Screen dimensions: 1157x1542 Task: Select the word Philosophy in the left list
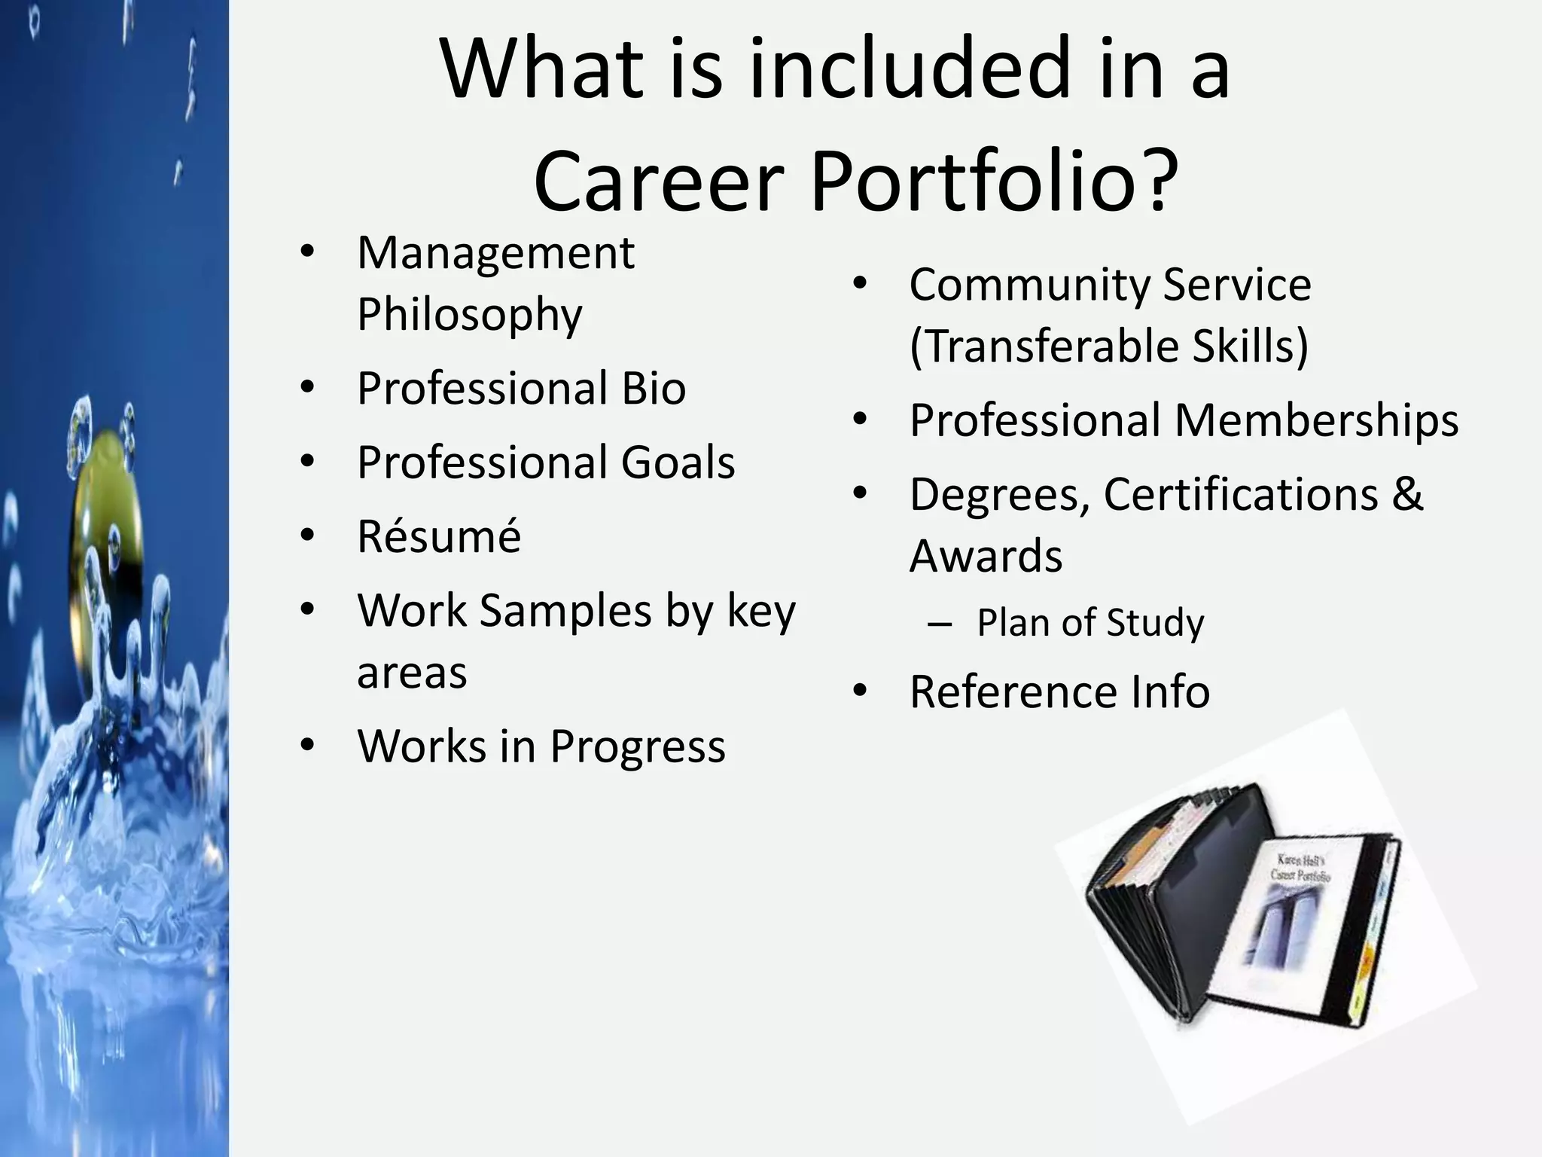pyautogui.click(x=470, y=315)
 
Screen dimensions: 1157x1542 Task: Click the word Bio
pyautogui.click(x=653, y=389)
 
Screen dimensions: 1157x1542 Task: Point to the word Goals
pyautogui.click(x=677, y=462)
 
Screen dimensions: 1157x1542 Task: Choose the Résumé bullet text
pyautogui.click(x=439, y=536)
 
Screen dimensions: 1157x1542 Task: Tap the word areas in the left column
pyautogui.click(x=412, y=673)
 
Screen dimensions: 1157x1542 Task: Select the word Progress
pyautogui.click(x=637, y=746)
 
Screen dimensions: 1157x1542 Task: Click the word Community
pyautogui.click(x=1029, y=285)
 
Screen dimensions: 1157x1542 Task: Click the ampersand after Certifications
pyautogui.click(x=1406, y=495)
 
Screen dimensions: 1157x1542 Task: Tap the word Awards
pyautogui.click(x=986, y=557)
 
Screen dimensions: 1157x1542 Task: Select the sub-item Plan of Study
pyautogui.click(x=1090, y=623)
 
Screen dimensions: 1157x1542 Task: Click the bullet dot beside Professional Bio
pyautogui.click(x=307, y=389)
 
